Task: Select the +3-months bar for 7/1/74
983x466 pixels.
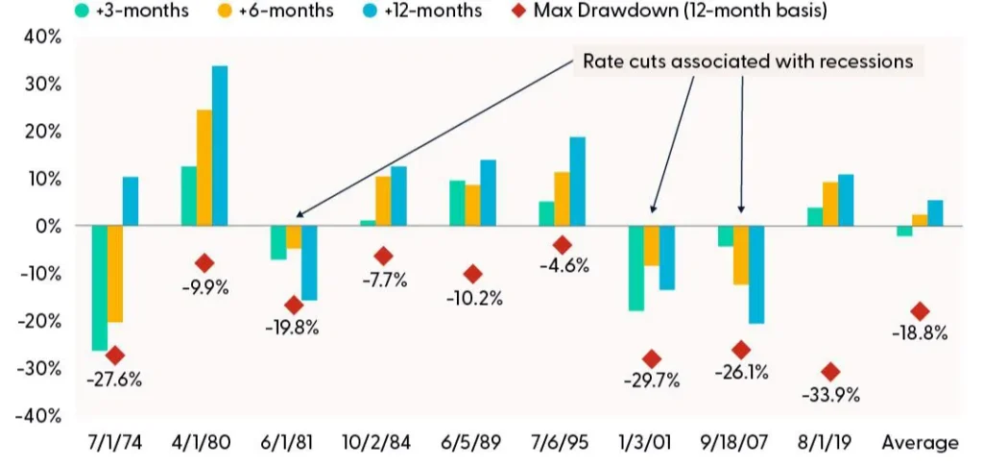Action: point(99,287)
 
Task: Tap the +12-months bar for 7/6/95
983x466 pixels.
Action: point(577,182)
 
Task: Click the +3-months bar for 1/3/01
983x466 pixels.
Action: point(635,268)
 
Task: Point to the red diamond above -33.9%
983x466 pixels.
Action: point(830,372)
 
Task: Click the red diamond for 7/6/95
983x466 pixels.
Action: point(563,245)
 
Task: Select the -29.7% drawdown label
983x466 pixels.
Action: point(652,380)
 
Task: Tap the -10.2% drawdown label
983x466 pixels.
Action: point(474,298)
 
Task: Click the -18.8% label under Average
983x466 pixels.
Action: point(920,333)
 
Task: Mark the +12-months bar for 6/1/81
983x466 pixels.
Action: point(308,262)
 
